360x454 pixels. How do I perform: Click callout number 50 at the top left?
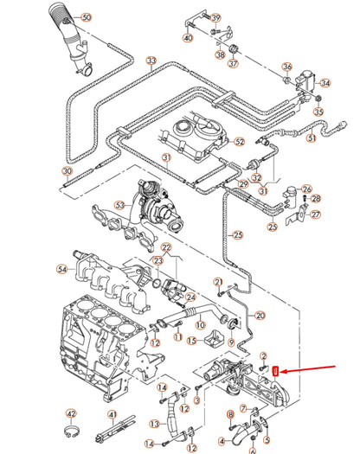84,16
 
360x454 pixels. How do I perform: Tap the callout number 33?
151,61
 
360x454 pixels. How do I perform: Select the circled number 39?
215,17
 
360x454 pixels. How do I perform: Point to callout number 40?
188,38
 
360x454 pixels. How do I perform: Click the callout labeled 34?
325,83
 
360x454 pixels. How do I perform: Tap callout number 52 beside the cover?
240,141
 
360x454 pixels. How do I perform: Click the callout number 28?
315,199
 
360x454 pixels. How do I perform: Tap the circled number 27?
315,214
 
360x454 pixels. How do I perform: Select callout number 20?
260,316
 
